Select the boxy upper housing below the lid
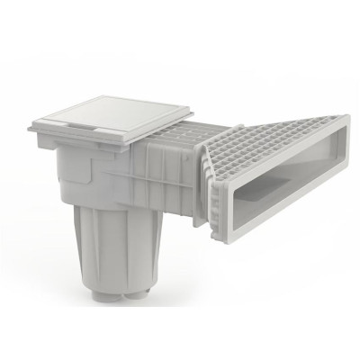tap(99, 175)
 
